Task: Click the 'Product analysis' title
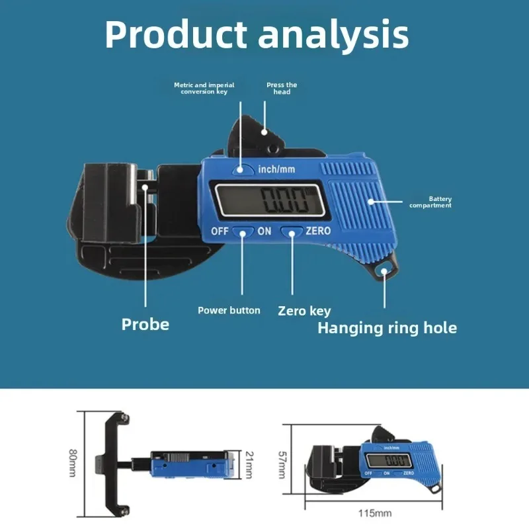(x=257, y=35)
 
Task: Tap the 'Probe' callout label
(x=145, y=324)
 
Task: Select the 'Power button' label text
(x=229, y=310)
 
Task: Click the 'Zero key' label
(x=304, y=311)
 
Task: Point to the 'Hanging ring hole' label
(x=387, y=328)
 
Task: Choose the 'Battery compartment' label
(x=430, y=202)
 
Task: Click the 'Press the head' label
(x=282, y=89)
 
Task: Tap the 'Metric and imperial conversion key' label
(x=204, y=89)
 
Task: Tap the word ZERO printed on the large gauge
(x=318, y=231)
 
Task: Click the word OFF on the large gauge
(x=220, y=231)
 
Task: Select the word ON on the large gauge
(x=264, y=231)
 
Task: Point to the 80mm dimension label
(x=73, y=463)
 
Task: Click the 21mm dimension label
(x=249, y=465)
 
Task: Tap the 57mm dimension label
(x=282, y=465)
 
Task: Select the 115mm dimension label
(x=375, y=514)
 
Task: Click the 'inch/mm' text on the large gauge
(x=276, y=169)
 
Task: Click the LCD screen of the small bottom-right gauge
(x=389, y=460)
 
